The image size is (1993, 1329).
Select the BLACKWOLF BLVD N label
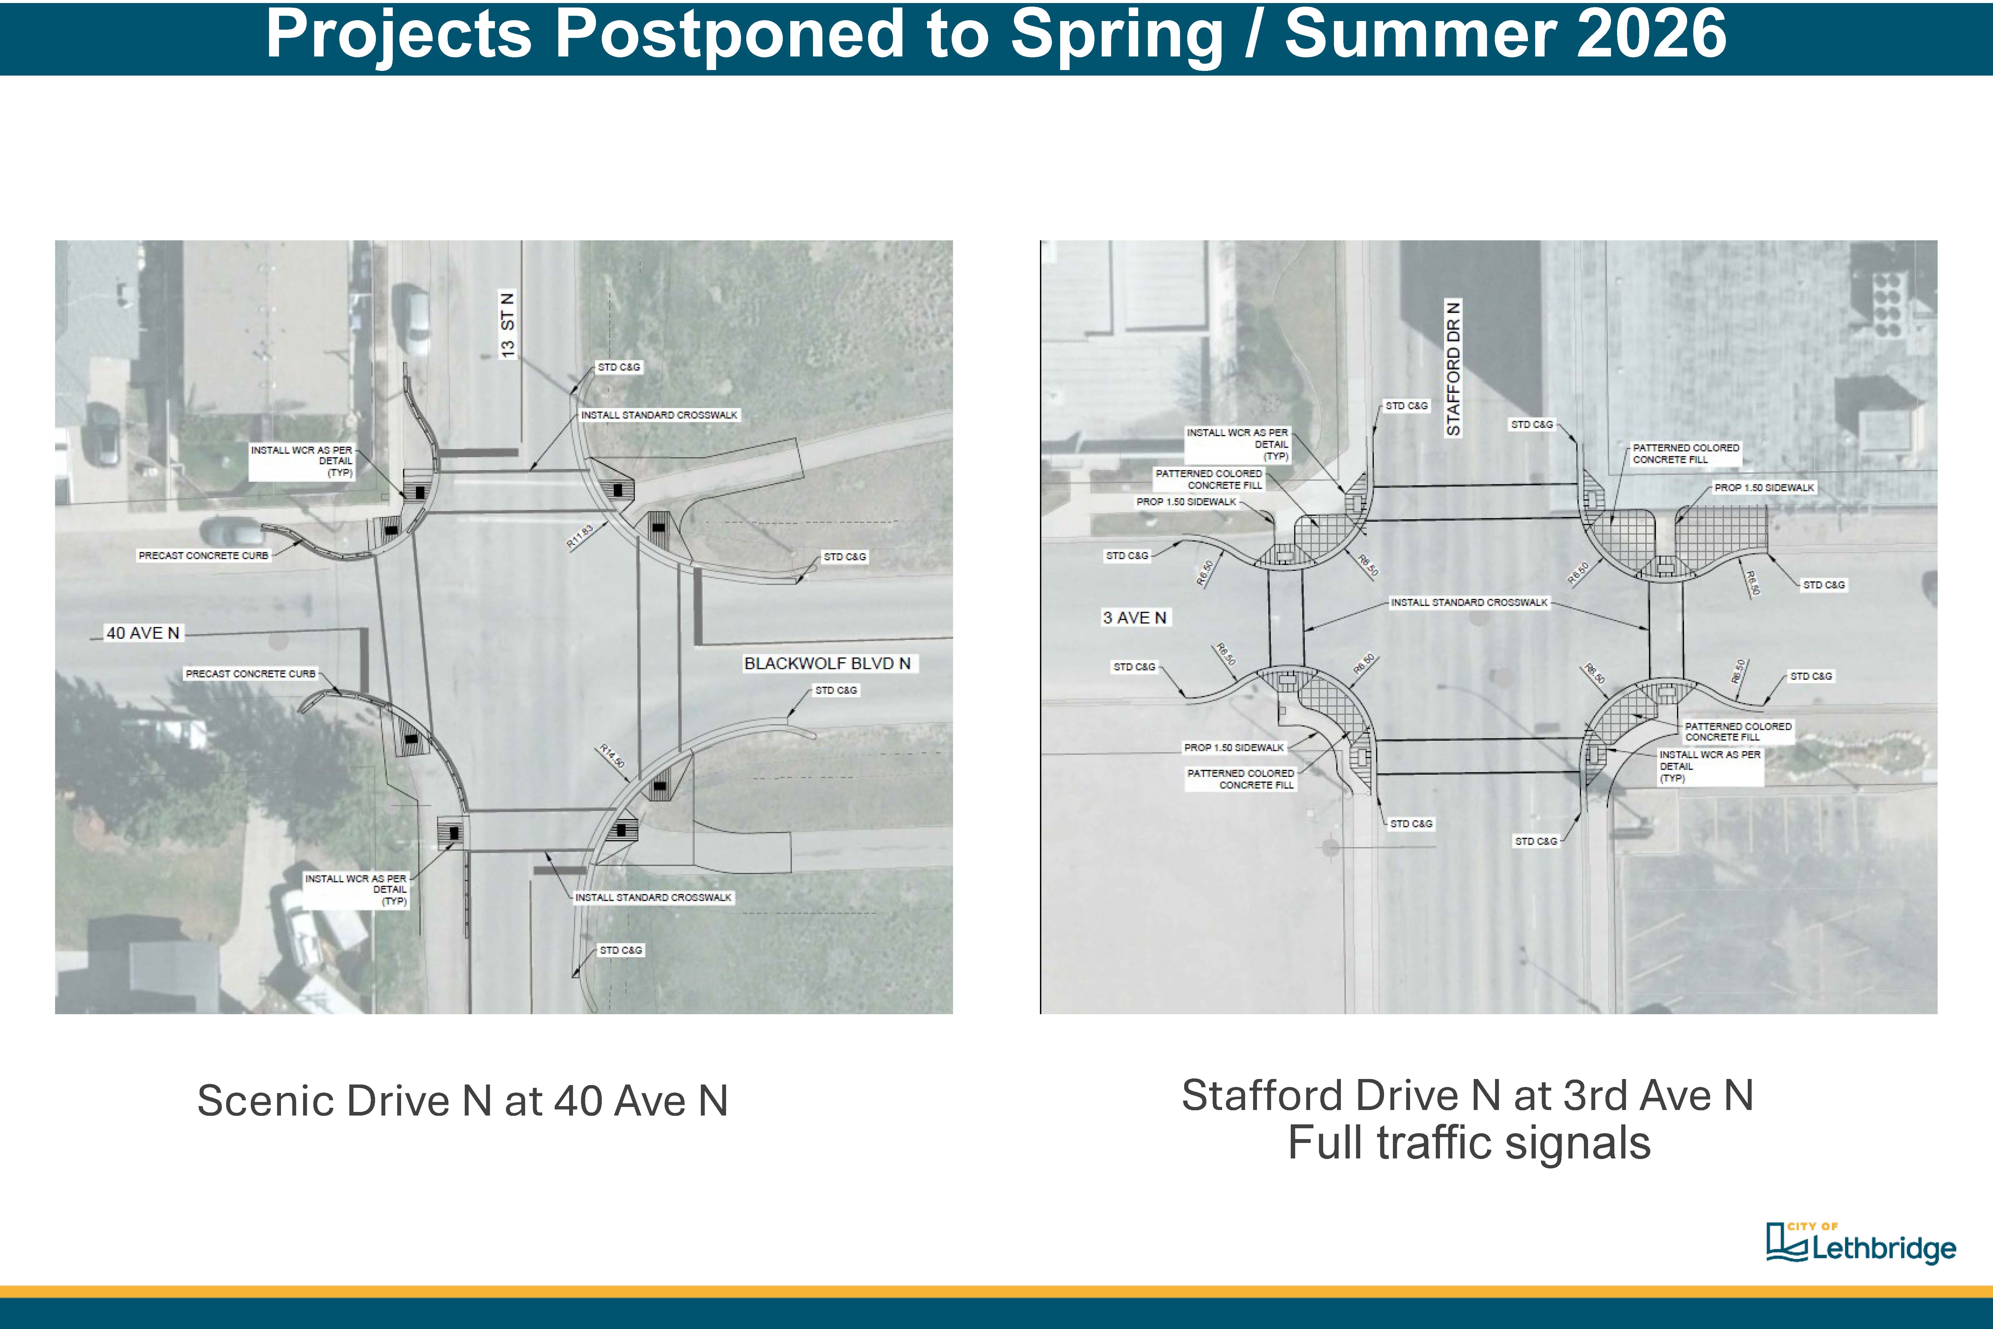[827, 664]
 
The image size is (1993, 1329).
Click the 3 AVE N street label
[1135, 618]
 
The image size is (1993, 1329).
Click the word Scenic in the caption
[264, 1101]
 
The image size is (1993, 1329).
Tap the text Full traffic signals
[1469, 1143]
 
